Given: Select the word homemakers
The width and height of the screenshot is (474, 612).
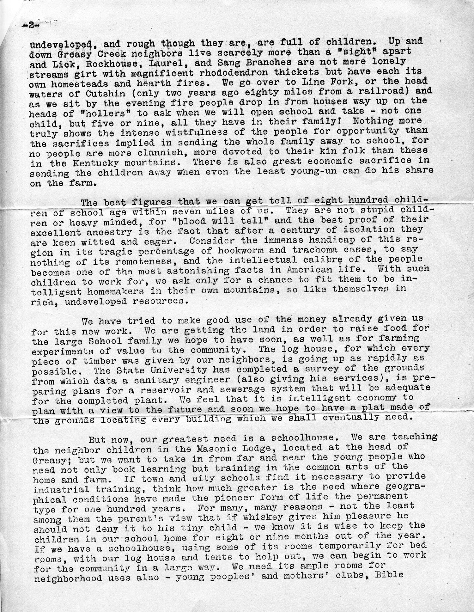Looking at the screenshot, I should [106, 291].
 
